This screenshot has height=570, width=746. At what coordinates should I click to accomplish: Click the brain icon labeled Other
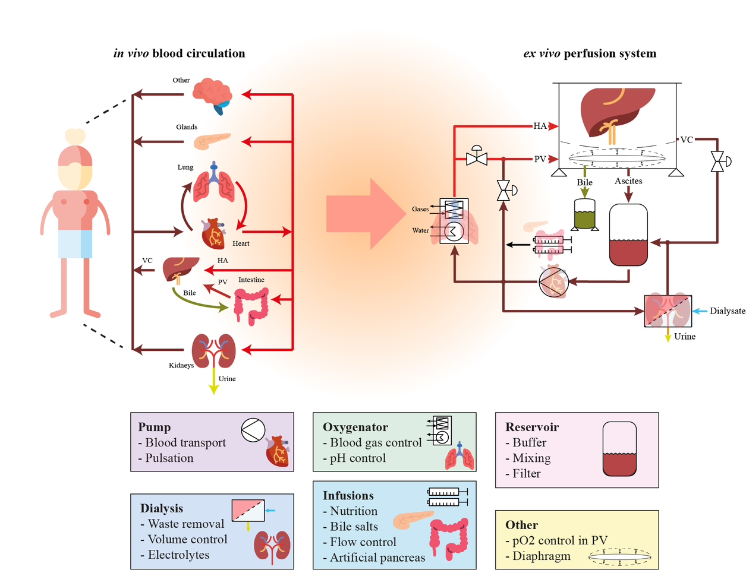[212, 94]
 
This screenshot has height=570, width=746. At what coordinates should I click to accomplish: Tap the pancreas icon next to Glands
[212, 141]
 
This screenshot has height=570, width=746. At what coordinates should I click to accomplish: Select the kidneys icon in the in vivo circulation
[213, 350]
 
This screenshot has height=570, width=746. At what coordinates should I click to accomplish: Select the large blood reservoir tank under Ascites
[628, 235]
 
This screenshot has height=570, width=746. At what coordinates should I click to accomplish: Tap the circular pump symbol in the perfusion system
[553, 282]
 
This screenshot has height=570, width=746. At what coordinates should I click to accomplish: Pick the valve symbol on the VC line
[718, 161]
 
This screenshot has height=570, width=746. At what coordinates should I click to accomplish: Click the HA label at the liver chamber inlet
[540, 126]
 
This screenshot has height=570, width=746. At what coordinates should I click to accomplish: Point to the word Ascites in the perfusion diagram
[628, 181]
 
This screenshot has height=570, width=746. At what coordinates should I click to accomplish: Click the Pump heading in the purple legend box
[155, 427]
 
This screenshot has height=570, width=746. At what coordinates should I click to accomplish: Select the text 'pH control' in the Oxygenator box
[358, 458]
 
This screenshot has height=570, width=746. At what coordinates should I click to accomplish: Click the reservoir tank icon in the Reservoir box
[619, 449]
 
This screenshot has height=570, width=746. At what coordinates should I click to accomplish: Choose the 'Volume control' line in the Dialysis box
[187, 539]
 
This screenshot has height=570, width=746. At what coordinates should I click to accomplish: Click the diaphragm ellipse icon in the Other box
[619, 556]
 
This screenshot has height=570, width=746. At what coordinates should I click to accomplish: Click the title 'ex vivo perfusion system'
[590, 53]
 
